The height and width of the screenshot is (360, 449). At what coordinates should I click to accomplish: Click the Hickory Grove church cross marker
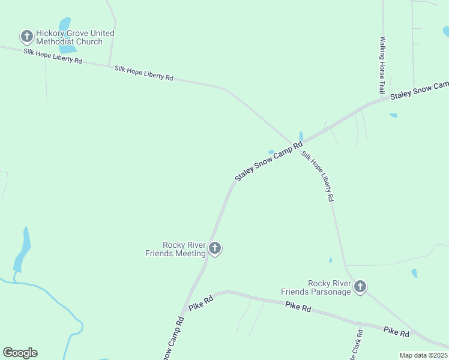click(x=26, y=37)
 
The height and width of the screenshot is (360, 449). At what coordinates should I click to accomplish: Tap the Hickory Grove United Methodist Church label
click(x=75, y=37)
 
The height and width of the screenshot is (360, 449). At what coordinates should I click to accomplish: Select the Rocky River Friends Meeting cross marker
click(x=215, y=248)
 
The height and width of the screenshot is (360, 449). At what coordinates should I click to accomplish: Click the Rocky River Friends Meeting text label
click(x=176, y=249)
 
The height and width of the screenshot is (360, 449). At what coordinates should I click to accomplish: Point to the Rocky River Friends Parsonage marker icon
click(x=360, y=287)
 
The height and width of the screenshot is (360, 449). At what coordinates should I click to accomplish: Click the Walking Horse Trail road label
click(x=382, y=65)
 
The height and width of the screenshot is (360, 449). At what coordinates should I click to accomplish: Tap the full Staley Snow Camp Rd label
click(x=268, y=163)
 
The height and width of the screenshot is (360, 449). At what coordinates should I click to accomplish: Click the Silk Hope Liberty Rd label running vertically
click(x=318, y=176)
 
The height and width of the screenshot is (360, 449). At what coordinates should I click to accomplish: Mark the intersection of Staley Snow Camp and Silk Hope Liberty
click(x=296, y=144)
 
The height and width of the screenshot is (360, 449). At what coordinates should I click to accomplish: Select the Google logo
click(x=20, y=353)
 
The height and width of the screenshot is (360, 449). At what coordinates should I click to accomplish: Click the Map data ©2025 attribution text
click(x=423, y=355)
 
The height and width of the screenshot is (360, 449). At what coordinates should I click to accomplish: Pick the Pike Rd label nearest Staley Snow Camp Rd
click(x=200, y=303)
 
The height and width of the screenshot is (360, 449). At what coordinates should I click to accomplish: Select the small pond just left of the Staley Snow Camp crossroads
click(x=271, y=152)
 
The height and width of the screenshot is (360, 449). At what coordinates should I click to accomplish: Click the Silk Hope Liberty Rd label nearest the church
click(x=53, y=56)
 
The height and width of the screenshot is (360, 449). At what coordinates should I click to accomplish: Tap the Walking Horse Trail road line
click(x=383, y=24)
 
